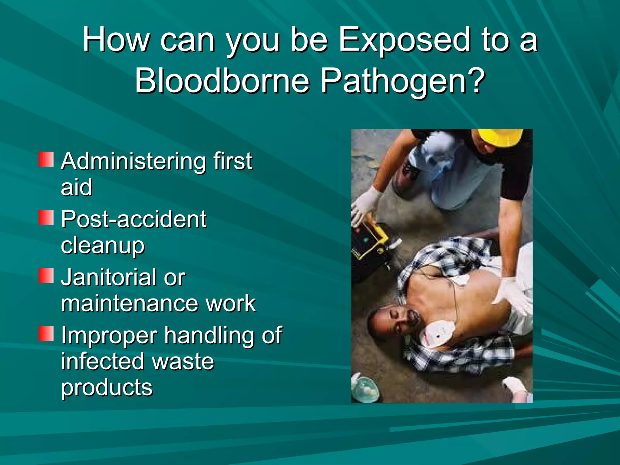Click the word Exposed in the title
pos(404,40)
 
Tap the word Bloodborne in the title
pos(222,81)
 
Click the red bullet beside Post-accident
pos(46,218)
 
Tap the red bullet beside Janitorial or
pos(46,275)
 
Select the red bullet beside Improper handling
pos(46,334)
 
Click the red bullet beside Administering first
pos(46,160)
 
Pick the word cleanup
pos(103,246)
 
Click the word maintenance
pos(128,303)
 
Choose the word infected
pos(102,361)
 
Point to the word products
pos(107,388)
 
